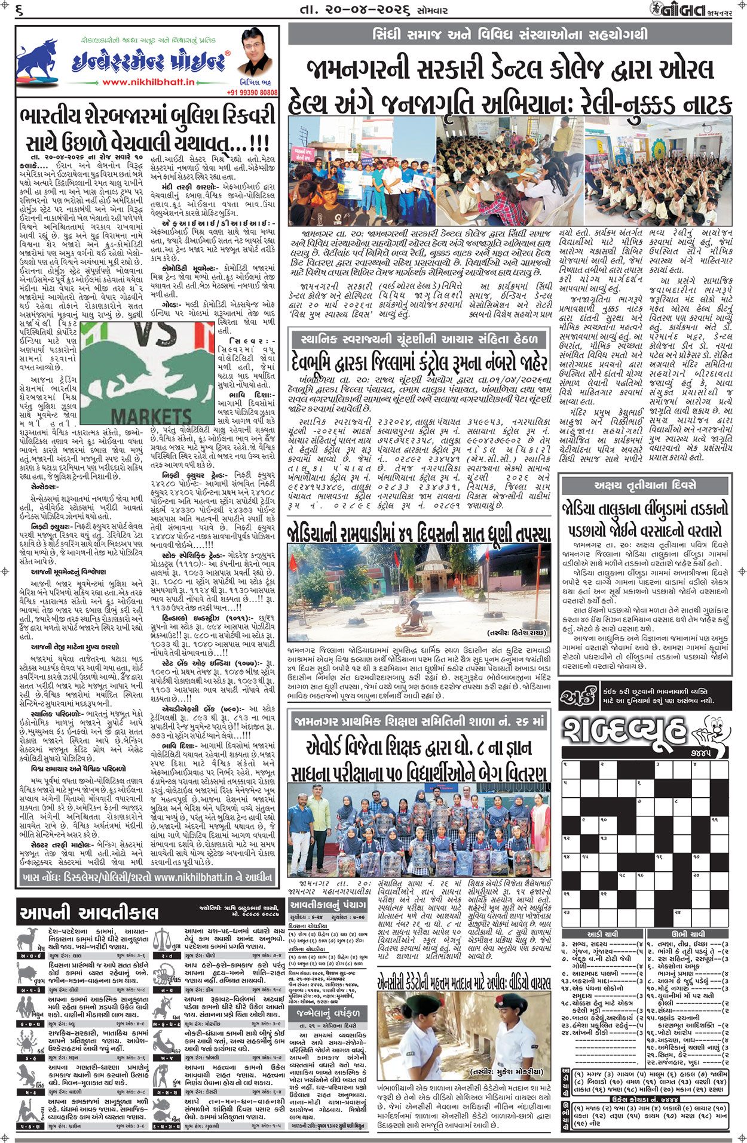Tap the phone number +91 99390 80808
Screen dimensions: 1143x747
click(x=252, y=93)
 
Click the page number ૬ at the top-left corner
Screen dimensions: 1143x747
click(x=19, y=10)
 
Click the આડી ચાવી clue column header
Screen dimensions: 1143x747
click(x=602, y=933)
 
